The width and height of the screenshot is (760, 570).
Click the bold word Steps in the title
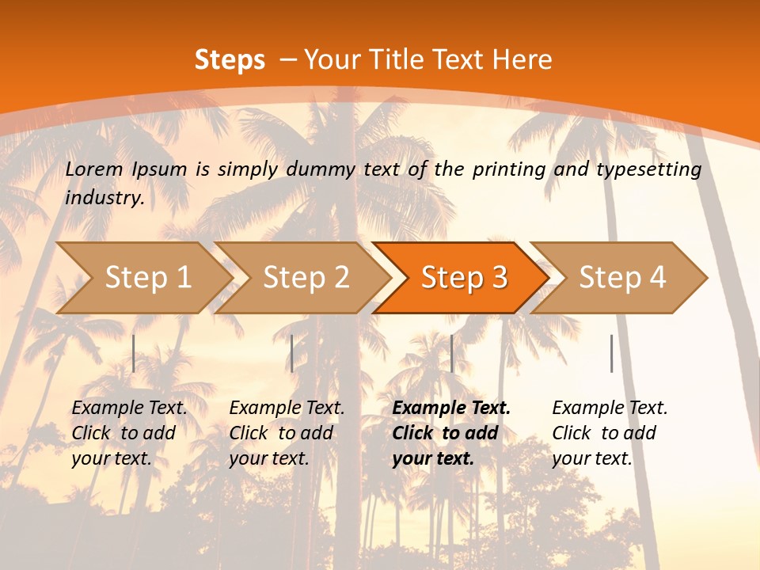pyautogui.click(x=230, y=60)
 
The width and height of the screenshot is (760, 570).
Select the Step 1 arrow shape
pyautogui.click(x=142, y=277)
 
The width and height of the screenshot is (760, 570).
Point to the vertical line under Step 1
pyautogui.click(x=134, y=353)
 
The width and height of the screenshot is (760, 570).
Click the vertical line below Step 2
pyautogui.click(x=292, y=353)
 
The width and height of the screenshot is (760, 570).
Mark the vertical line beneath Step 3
pyautogui.click(x=451, y=353)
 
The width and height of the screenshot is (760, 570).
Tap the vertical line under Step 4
pyautogui.click(x=611, y=353)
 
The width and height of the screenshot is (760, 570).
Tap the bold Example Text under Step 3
pyautogui.click(x=451, y=408)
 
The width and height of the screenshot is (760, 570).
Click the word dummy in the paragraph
pyautogui.click(x=321, y=169)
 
